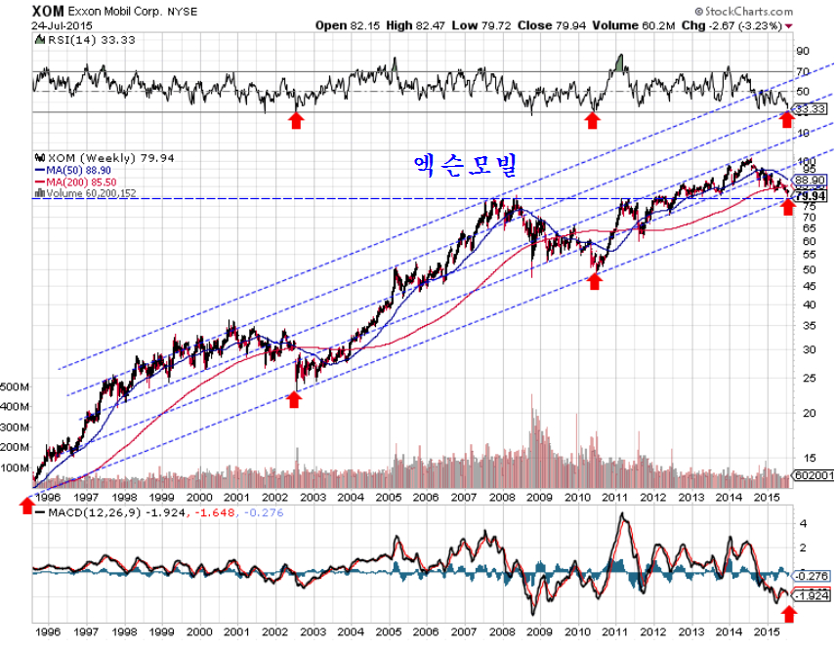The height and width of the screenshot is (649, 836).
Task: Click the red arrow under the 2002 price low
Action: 294,398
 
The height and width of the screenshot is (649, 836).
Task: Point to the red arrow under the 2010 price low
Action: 594,280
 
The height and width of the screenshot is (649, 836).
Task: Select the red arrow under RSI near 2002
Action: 296,119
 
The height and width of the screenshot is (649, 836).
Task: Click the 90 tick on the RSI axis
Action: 804,50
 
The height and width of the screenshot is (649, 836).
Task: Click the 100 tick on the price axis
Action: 805,162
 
